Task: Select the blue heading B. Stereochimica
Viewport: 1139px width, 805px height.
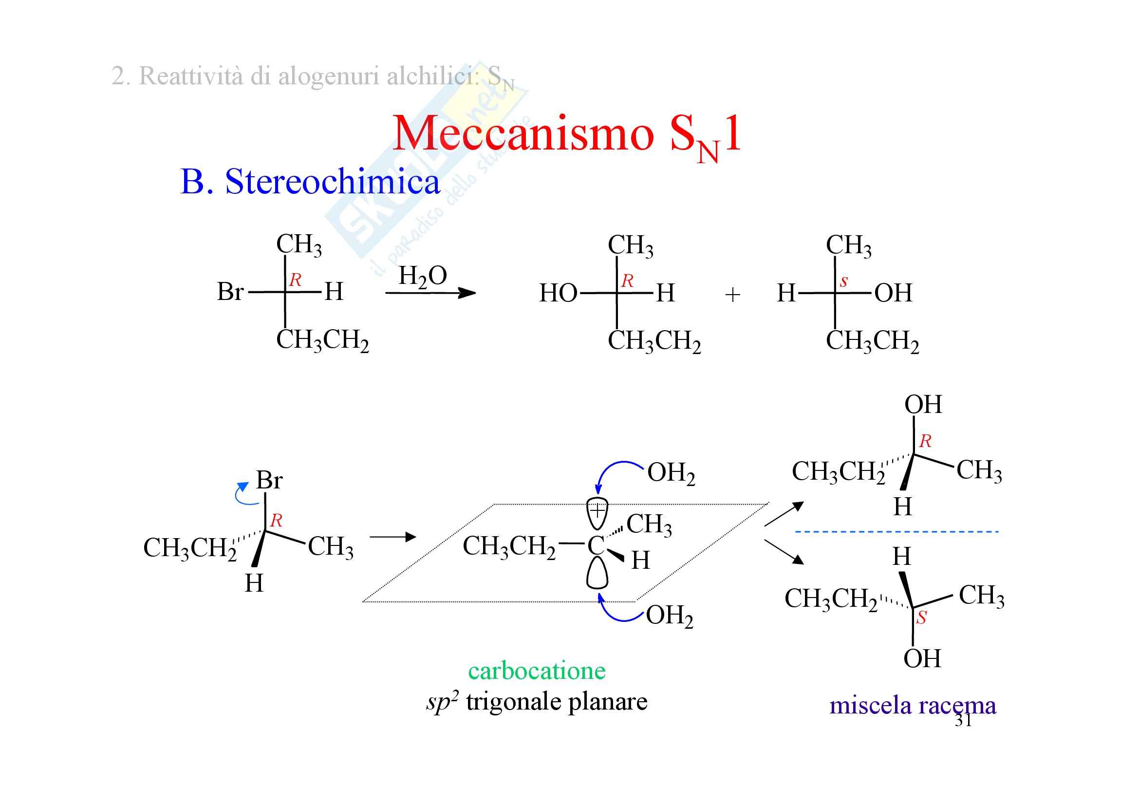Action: point(310,181)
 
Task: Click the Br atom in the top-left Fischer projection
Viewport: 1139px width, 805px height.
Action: point(230,292)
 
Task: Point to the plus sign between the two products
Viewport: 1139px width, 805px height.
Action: point(733,295)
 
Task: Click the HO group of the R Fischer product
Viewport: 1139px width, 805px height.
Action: point(558,293)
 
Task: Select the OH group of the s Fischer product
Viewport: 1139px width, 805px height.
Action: point(894,293)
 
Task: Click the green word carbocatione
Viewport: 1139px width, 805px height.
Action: point(537,671)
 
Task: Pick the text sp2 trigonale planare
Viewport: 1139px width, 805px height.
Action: point(537,702)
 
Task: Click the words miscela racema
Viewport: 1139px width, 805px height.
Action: point(913,705)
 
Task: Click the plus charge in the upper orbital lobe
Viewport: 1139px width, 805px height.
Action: point(598,510)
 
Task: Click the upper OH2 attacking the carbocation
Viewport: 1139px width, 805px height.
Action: point(671,473)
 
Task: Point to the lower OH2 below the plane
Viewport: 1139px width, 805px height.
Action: point(670,617)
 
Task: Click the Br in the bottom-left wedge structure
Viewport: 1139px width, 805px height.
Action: point(269,480)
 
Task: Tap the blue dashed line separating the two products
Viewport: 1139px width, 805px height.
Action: point(897,532)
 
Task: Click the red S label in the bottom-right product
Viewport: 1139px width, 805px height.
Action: point(921,618)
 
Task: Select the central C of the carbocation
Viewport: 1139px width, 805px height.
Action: point(596,545)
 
